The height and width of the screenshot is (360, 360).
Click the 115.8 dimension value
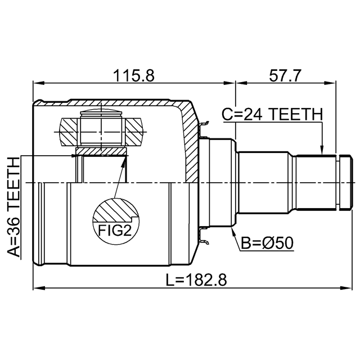[x=134, y=75]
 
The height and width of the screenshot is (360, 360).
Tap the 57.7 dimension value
[x=285, y=75]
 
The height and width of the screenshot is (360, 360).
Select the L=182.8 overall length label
[x=196, y=280]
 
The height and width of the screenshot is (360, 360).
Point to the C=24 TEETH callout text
[x=272, y=114]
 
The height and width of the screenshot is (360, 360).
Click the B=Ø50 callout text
[x=267, y=243]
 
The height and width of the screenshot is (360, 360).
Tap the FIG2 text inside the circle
[x=115, y=230]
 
